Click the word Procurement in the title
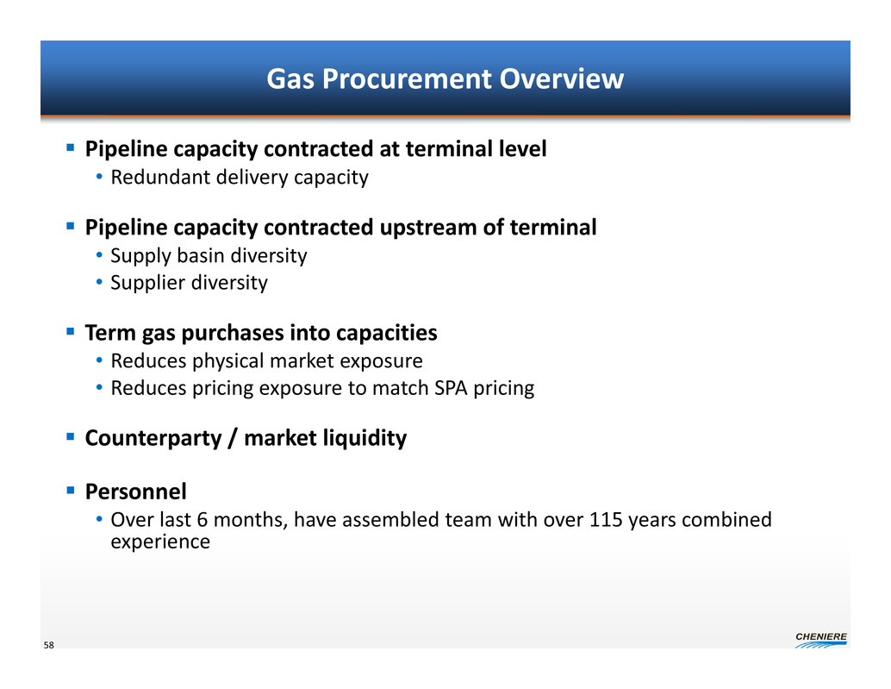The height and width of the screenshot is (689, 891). click(407, 78)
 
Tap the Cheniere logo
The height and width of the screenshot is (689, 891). click(821, 640)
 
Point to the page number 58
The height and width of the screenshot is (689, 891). click(49, 645)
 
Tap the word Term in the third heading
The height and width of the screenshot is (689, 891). click(111, 333)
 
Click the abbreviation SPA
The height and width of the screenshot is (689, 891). click(451, 388)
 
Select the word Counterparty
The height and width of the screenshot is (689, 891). click(153, 438)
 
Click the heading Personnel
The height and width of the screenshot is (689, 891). click(136, 492)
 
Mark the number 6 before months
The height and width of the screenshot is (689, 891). click(202, 520)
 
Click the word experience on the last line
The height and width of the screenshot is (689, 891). click(160, 542)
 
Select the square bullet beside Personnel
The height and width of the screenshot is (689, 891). click(71, 490)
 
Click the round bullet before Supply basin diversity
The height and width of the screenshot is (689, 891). click(99, 255)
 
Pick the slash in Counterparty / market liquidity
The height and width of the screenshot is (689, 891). click(233, 438)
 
